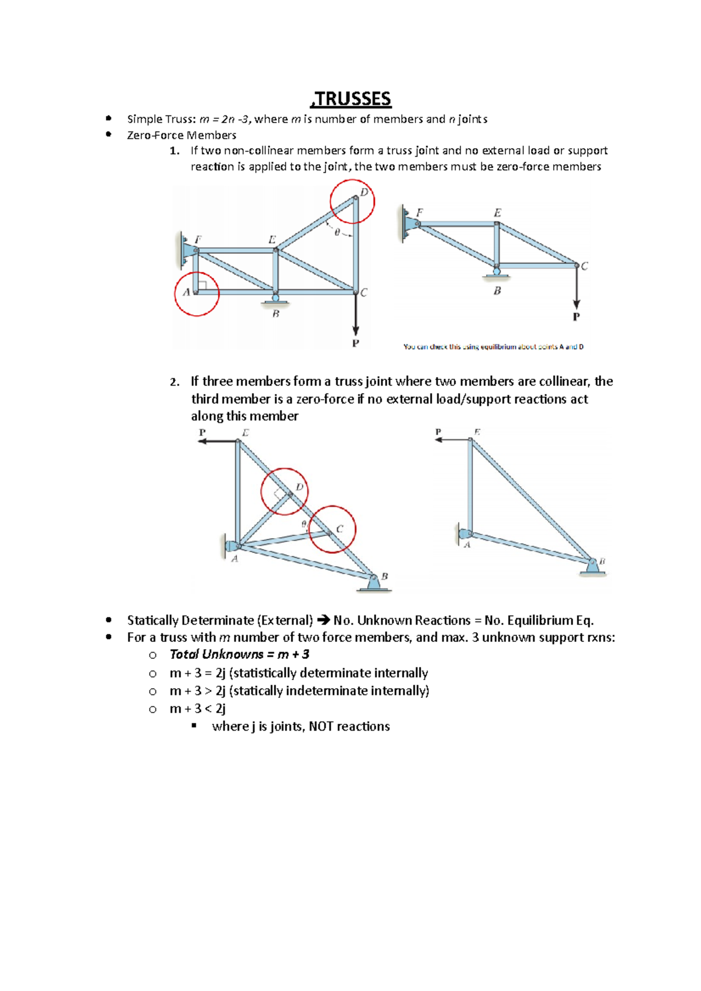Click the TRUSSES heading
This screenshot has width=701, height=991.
(x=351, y=99)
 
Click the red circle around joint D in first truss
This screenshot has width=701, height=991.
(x=352, y=201)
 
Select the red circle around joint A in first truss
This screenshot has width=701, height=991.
(x=197, y=294)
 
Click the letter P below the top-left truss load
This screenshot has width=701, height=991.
(x=355, y=344)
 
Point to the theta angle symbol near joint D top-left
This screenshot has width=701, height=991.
(x=337, y=232)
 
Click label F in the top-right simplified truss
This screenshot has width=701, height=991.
(x=419, y=213)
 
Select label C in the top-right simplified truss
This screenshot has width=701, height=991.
(x=584, y=266)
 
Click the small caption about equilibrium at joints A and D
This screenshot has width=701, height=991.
(x=493, y=347)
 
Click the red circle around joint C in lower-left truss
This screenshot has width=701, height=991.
(x=332, y=529)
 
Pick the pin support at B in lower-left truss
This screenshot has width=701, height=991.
(x=374, y=583)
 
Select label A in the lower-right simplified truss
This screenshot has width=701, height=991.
(x=467, y=545)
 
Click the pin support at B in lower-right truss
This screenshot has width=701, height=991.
(x=592, y=567)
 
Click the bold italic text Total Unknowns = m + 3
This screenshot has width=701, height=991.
(x=240, y=654)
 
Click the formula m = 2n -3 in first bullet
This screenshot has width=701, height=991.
(x=225, y=119)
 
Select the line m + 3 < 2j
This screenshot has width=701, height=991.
(x=197, y=709)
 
